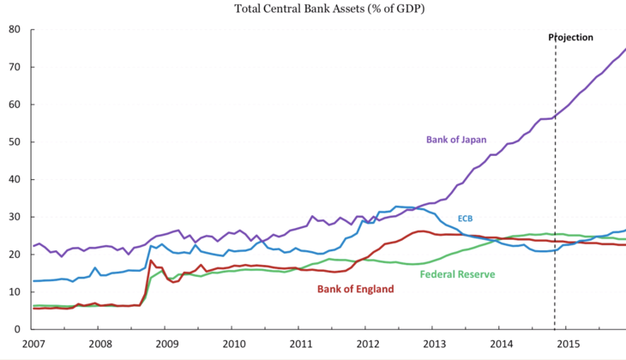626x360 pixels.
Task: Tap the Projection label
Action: coord(571,38)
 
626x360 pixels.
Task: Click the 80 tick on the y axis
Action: coord(15,29)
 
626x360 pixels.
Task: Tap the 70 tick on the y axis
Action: coord(15,67)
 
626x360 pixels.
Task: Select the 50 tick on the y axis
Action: coord(15,141)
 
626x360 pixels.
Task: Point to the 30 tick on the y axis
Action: coord(15,217)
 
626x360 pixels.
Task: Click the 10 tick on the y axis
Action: coord(15,291)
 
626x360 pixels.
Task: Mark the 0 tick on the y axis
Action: coord(18,329)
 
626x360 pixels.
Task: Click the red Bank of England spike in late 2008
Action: coord(151,261)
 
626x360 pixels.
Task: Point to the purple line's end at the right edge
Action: coord(623,50)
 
